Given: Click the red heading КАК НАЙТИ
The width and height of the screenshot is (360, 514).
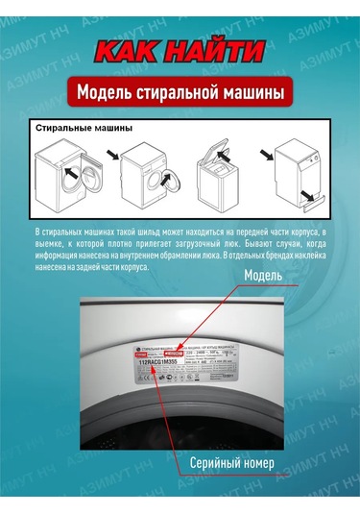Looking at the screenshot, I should [x=180, y=52].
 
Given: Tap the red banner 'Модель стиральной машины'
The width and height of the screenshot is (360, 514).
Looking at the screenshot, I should [x=180, y=93].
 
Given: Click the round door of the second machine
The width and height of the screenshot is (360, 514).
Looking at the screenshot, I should [x=168, y=181].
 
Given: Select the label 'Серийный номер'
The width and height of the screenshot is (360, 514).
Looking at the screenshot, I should [x=233, y=463].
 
